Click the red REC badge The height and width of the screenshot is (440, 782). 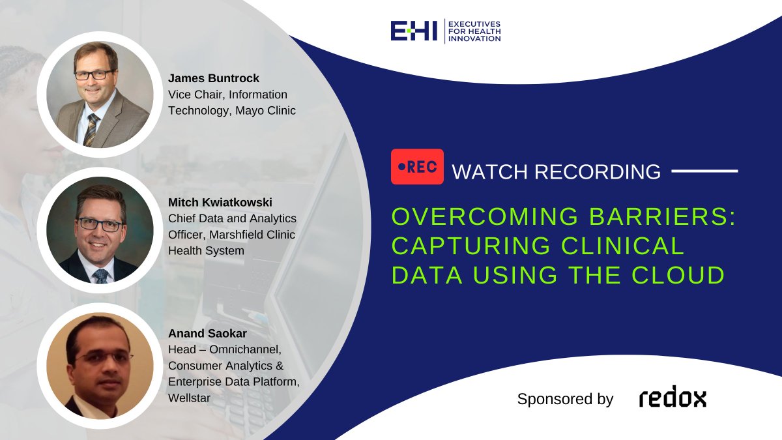(x=417, y=167)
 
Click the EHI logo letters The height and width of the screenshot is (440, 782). (x=414, y=31)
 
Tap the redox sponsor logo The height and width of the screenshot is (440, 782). (x=672, y=398)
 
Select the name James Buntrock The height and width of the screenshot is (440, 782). (x=214, y=79)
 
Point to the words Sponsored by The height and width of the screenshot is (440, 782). (x=565, y=399)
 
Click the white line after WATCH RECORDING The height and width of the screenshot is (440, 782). (x=704, y=172)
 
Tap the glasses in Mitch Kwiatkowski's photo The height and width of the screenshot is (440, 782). (x=100, y=224)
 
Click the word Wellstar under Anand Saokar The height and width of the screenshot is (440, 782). (x=190, y=397)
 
